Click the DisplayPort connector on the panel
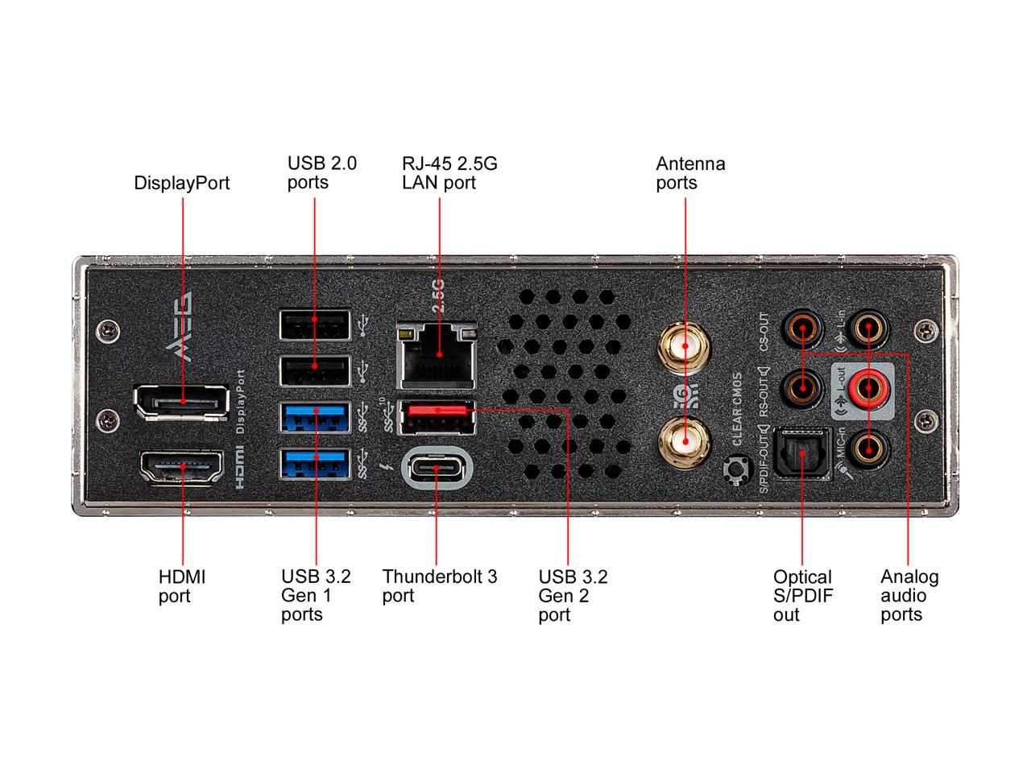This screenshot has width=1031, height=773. [181, 402]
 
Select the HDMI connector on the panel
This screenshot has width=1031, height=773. [182, 468]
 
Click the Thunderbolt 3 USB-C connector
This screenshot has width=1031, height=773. [436, 466]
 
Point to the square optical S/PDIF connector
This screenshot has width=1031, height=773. [802, 453]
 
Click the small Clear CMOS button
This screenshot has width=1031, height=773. [735, 469]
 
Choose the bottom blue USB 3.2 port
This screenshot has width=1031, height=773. [315, 463]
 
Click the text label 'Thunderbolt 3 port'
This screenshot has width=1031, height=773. [440, 586]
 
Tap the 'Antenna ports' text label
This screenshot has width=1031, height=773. [690, 173]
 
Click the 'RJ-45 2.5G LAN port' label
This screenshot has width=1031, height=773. [449, 173]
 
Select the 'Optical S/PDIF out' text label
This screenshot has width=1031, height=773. [802, 596]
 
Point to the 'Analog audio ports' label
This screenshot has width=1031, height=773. [909, 596]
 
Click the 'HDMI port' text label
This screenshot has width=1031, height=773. [182, 586]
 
